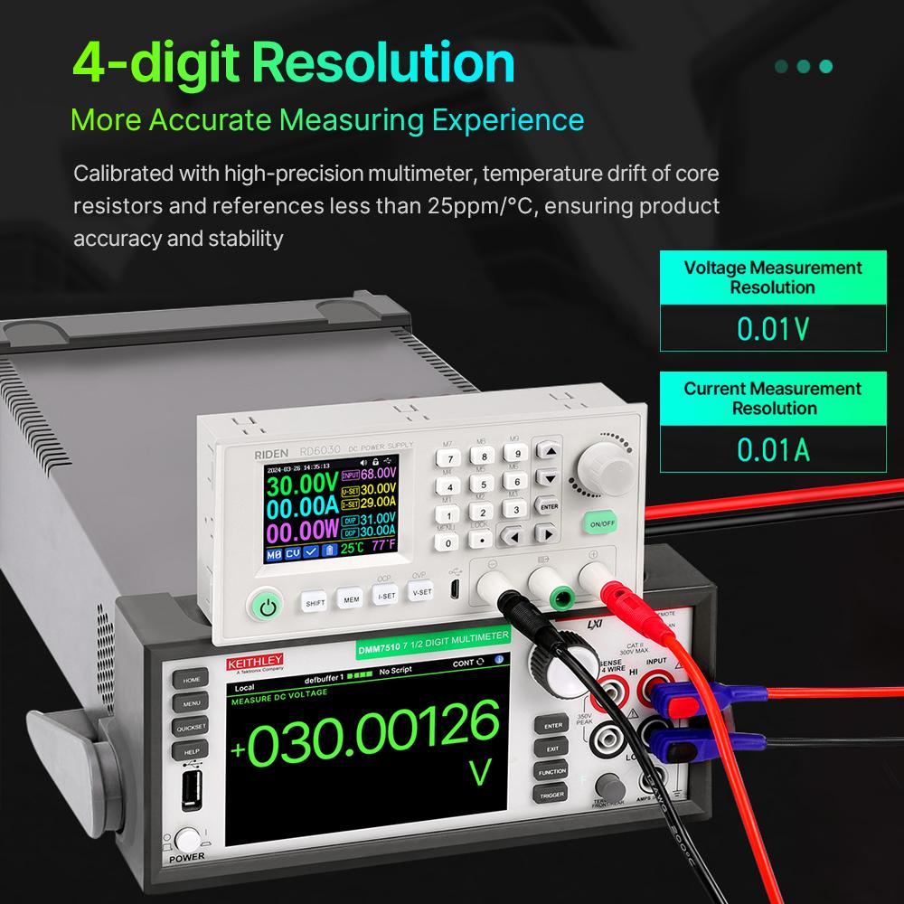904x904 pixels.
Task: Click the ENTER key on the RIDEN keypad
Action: pos(547,506)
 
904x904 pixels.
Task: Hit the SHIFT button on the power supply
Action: pos(315,601)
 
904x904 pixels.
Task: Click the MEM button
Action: pos(350,598)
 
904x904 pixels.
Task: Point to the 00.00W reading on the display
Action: pos(301,529)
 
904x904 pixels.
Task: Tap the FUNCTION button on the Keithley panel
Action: pos(551,772)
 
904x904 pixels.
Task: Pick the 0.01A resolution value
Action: pos(772,449)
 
